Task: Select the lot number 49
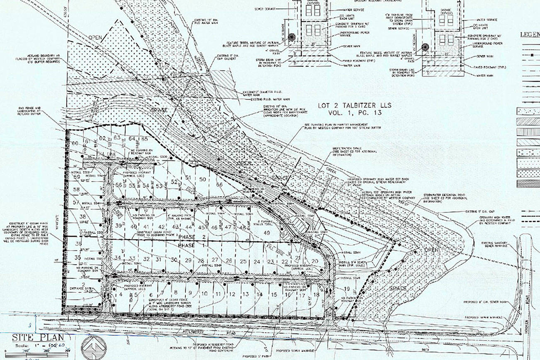point(267,233)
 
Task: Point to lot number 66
point(219,185)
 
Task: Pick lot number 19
point(347,289)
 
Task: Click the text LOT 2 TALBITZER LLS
point(355,105)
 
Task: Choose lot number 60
point(75,144)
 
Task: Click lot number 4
point(121,294)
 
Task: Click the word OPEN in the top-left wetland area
point(95,38)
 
